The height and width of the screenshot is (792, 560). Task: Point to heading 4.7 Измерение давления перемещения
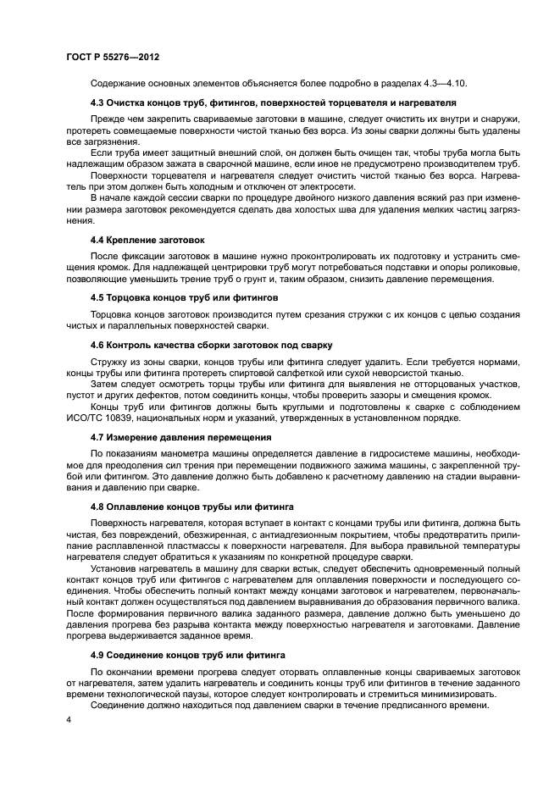tap(180, 437)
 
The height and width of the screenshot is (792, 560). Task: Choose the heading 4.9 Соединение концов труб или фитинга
tap(188, 656)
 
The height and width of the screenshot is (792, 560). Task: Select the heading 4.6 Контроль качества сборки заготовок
tap(212, 345)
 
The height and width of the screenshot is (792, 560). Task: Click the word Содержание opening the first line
tap(119, 83)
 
